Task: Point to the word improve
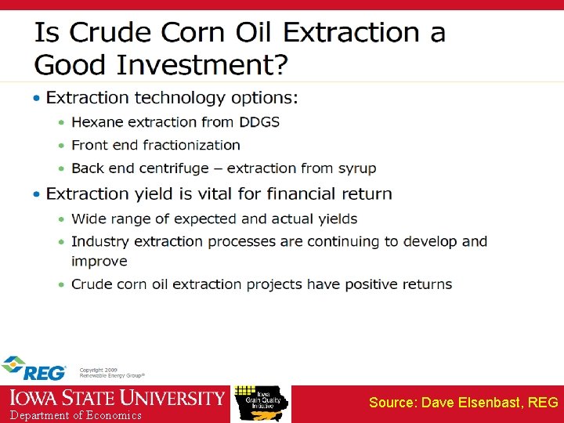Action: click(99, 261)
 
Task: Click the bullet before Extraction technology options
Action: click(37, 99)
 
